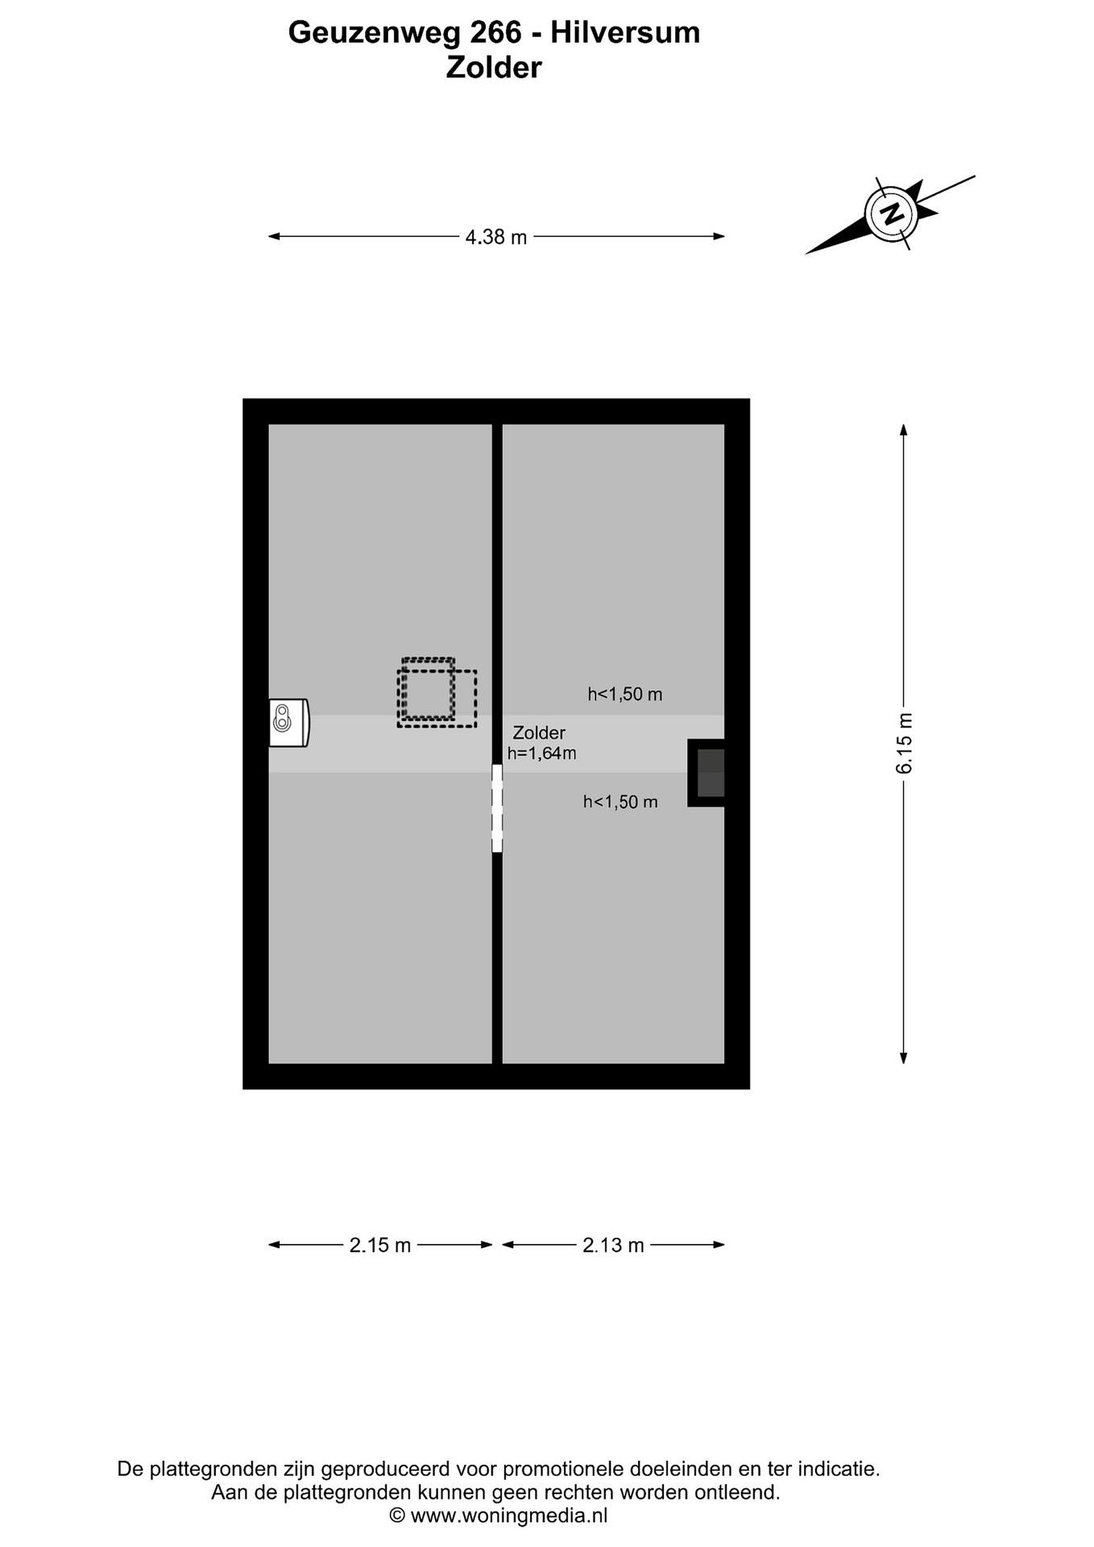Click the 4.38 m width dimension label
click(496, 237)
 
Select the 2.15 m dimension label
click(380, 1245)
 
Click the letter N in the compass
click(893, 214)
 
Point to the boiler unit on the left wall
click(289, 722)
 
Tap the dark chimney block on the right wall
click(707, 773)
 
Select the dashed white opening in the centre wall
click(497, 808)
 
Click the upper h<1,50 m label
click(625, 694)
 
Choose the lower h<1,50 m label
click(620, 802)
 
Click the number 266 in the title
click(496, 32)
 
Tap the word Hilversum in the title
click(626, 32)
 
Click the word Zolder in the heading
click(494, 68)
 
